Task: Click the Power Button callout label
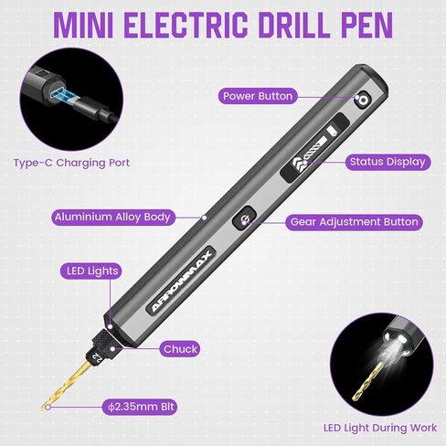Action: point(257,96)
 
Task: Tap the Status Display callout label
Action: point(388,162)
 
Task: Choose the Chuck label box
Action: point(181,348)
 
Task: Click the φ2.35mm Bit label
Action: point(140,406)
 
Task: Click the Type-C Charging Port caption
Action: point(72,163)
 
